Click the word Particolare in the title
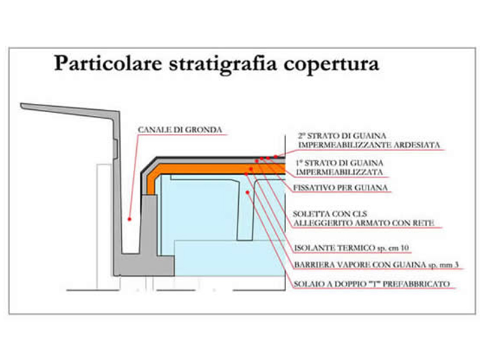click(108, 63)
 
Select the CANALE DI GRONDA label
click(180, 130)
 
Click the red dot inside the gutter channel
click(130, 219)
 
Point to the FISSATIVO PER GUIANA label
click(341, 188)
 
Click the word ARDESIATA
click(416, 145)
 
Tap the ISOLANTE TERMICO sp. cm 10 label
click(352, 248)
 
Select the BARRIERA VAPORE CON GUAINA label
click(360, 265)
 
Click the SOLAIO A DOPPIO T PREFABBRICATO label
click(371, 284)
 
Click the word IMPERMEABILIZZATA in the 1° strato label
click(340, 172)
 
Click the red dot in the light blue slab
click(247, 192)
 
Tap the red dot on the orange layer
click(251, 169)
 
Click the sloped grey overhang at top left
click(70, 111)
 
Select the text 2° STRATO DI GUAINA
click(342, 136)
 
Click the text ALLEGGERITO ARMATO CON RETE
click(364, 223)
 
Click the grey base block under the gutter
click(143, 266)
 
